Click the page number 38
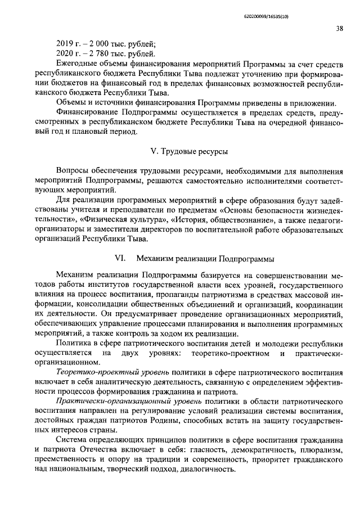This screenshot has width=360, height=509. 340,29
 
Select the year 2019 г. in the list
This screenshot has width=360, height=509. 70,44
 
